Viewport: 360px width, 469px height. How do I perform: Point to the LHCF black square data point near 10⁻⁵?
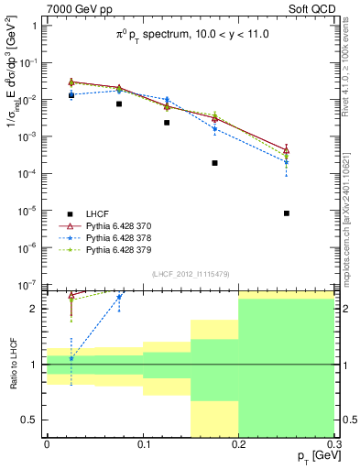point(287,213)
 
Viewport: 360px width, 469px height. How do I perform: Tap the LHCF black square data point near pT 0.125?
point(167,123)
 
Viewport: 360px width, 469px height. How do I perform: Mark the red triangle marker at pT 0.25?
point(287,149)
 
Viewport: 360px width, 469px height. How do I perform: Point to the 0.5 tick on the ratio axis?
point(33,420)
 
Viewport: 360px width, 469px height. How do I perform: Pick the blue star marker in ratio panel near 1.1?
point(71,358)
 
